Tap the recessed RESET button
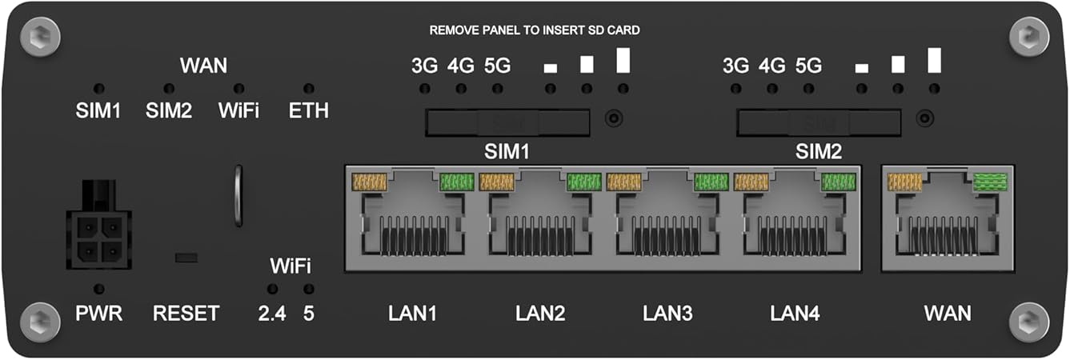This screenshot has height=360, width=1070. point(186,258)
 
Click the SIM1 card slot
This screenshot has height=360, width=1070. point(507,122)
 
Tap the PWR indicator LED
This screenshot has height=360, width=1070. point(98,288)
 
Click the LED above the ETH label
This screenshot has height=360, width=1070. point(309,88)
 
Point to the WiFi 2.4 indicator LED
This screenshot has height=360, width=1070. point(272,288)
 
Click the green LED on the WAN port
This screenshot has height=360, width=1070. point(990,185)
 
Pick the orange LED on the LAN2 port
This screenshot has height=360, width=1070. point(496,182)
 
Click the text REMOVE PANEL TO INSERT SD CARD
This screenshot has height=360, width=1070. point(535,30)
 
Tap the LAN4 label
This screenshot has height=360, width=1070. point(795,313)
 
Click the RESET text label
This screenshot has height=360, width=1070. point(186,313)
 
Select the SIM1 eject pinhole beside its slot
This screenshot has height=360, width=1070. point(613,118)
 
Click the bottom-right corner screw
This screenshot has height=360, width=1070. point(1029,322)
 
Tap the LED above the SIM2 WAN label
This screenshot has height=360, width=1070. point(169,88)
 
